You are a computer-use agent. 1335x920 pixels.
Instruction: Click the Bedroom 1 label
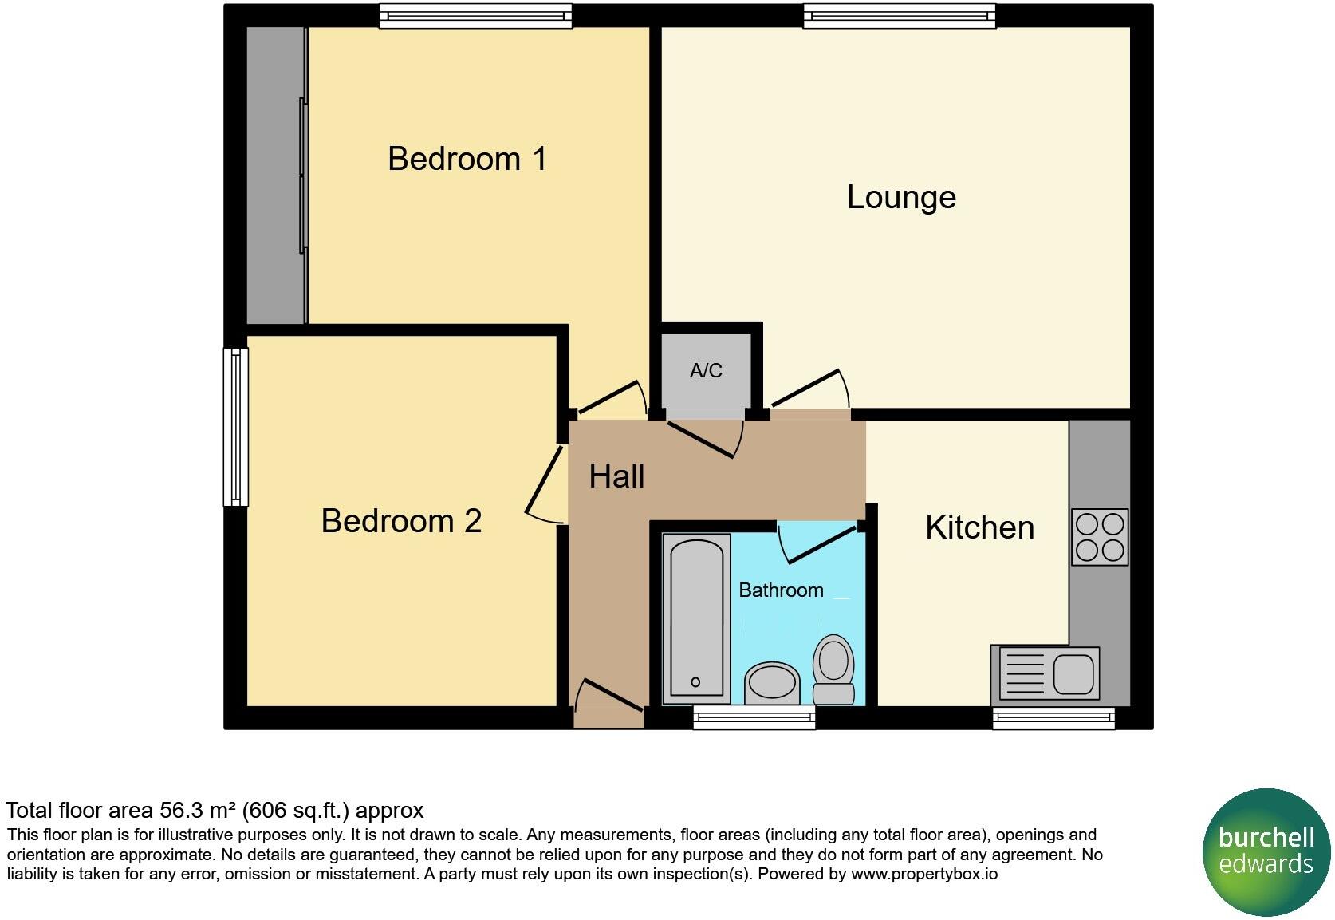(x=467, y=159)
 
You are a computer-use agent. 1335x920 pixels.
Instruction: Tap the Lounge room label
(x=901, y=197)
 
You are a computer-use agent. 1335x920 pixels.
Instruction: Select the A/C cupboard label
(x=706, y=371)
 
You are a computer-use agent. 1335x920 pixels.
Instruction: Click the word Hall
(x=616, y=477)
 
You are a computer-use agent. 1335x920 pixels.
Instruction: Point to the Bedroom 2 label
(x=401, y=521)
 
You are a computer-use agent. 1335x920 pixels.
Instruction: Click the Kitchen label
(x=979, y=527)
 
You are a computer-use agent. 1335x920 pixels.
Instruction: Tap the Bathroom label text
(x=781, y=590)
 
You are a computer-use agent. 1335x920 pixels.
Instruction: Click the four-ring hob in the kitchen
(x=1100, y=537)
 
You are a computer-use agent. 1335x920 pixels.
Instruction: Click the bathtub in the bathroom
(x=696, y=619)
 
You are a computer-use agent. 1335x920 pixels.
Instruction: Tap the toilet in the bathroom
(x=833, y=669)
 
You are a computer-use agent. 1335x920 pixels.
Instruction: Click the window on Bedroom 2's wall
(x=235, y=427)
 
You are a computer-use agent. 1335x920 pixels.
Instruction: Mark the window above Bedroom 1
(x=475, y=16)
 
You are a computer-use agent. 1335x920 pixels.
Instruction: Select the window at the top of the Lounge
(x=900, y=16)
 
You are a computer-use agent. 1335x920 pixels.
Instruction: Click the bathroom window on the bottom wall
(x=754, y=717)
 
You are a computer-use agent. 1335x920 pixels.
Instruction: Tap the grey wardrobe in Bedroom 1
(x=275, y=176)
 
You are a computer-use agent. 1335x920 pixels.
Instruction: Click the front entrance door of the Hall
(x=609, y=702)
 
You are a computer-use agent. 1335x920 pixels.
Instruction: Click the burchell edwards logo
(x=1266, y=851)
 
